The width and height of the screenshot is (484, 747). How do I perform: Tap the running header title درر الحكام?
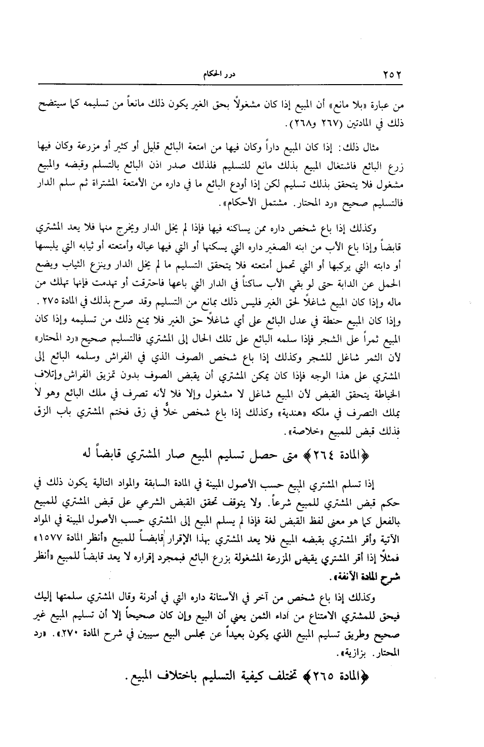point(214,75)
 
